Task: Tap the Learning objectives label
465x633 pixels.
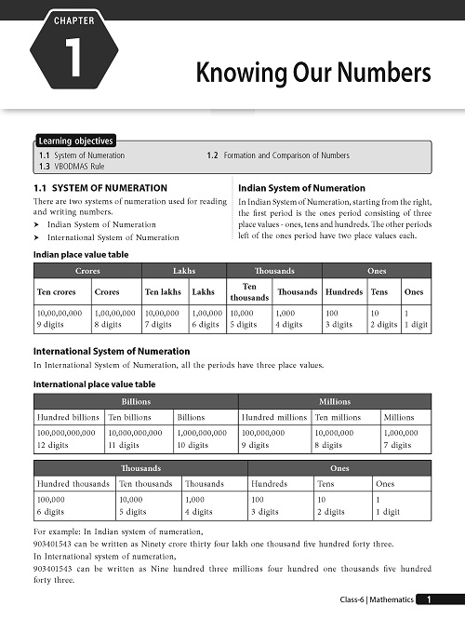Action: (76, 141)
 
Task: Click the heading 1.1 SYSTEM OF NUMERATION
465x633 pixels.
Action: (100, 188)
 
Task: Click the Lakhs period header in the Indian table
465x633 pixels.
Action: (183, 270)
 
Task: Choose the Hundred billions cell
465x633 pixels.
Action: (68, 418)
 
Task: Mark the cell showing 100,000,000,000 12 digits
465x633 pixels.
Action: (68, 439)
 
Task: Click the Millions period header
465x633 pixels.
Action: (334, 401)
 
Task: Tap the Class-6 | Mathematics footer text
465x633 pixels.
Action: (375, 601)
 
